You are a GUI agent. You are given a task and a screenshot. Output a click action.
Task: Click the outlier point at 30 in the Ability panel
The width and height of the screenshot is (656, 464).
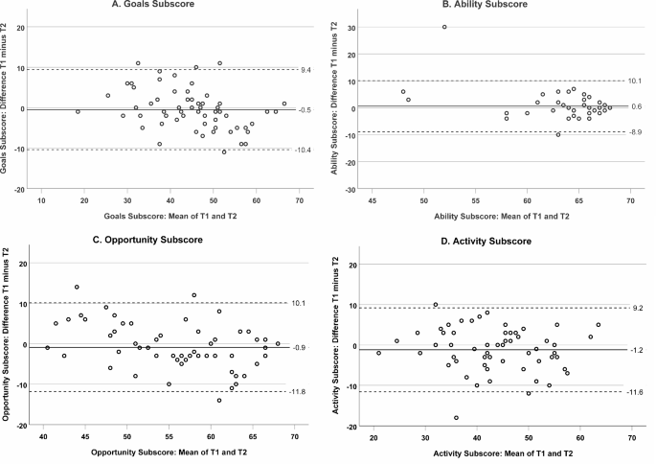[x=444, y=27]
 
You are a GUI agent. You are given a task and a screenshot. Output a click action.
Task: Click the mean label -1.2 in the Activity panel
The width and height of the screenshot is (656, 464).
[x=637, y=351]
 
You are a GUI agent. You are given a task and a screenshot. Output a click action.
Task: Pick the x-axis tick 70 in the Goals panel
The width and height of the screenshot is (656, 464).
[x=299, y=200]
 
